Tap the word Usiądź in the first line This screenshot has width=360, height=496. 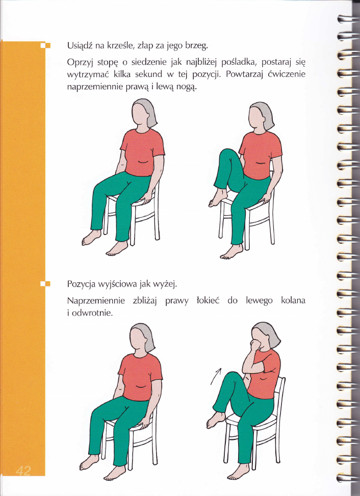80,46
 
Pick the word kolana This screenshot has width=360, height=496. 293,300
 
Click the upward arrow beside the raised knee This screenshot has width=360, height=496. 216,376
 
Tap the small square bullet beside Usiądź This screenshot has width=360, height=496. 46,45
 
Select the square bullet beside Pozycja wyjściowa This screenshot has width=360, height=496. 46,283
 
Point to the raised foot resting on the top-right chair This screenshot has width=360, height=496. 218,198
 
